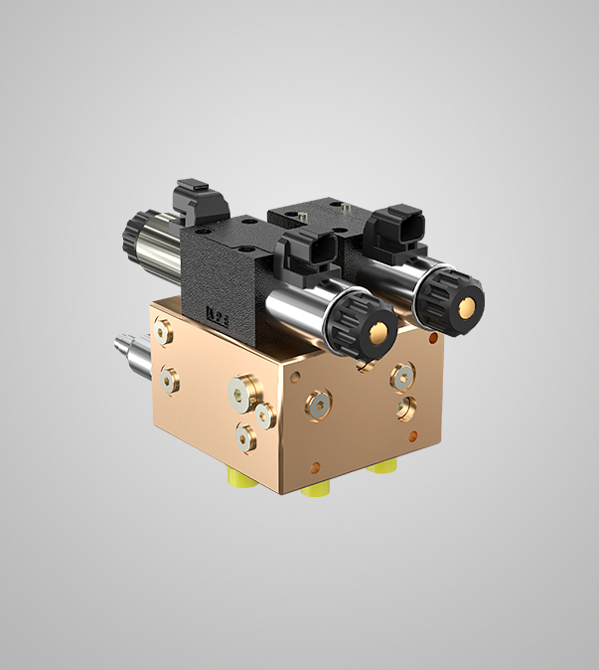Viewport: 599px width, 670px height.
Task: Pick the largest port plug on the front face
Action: (x=241, y=391)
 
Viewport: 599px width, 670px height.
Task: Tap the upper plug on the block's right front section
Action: (x=401, y=375)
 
